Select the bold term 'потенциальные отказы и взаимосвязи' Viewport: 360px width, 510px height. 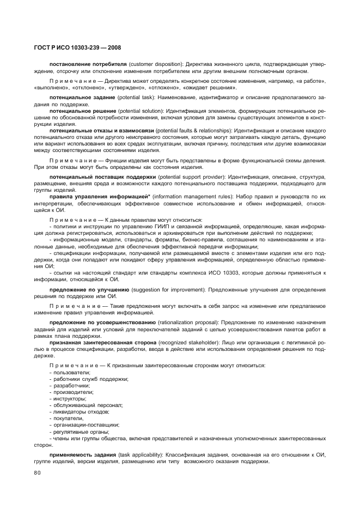tap(102, 131)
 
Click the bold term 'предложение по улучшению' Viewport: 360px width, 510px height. tap(89, 289)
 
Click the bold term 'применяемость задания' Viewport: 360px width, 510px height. tap(83, 454)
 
